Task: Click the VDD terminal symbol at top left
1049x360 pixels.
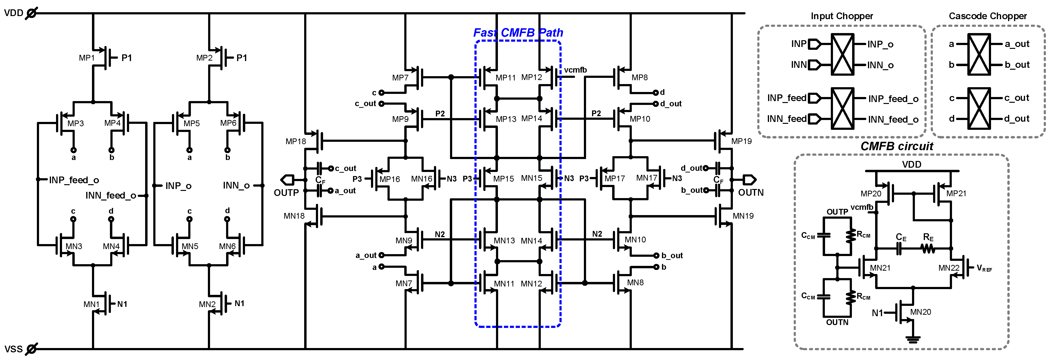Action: pyautogui.click(x=31, y=13)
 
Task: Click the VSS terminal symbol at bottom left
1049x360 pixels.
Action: pyautogui.click(x=31, y=349)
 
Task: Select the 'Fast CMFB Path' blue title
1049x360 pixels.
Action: pyautogui.click(x=518, y=33)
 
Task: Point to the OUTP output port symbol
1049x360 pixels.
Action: pyautogui.click(x=287, y=180)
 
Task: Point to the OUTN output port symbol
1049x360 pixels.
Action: pyautogui.click(x=749, y=180)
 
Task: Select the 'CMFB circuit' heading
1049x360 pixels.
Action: pyautogui.click(x=897, y=146)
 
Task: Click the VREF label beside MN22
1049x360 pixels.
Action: pyautogui.click(x=984, y=268)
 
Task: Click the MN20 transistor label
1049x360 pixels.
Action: pyautogui.click(x=920, y=312)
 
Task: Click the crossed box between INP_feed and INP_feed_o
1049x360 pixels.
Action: pyautogui.click(x=842, y=108)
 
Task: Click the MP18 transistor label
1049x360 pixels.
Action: pyautogui.click(x=296, y=141)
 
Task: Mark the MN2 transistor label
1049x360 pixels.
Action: pyautogui.click(x=207, y=304)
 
